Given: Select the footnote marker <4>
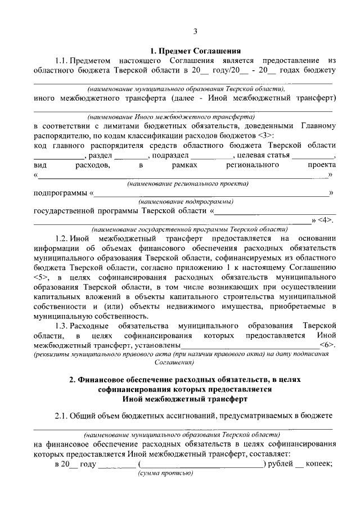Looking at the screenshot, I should pyautogui.click(x=326, y=221).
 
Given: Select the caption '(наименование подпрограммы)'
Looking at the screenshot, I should pyautogui.click(x=186, y=201).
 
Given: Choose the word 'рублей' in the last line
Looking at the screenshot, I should pyautogui.click(x=280, y=463).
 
